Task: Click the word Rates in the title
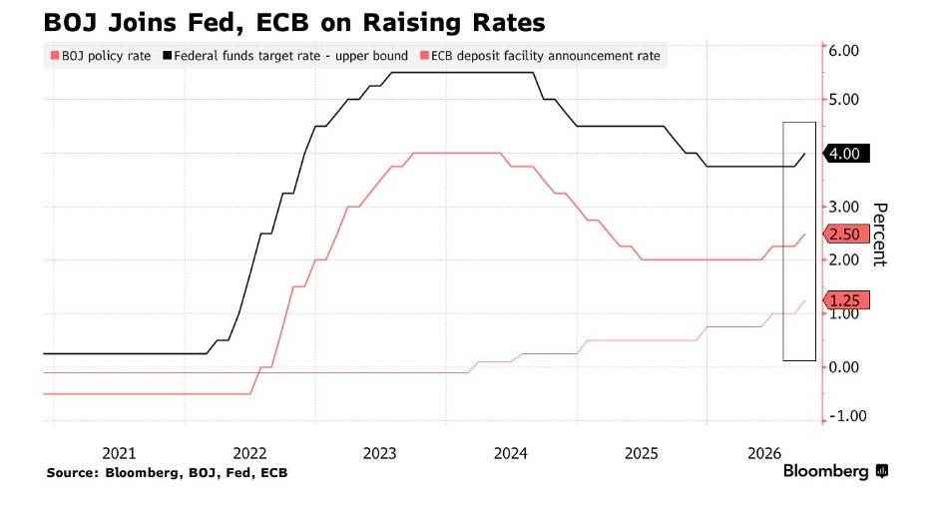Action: tap(512, 23)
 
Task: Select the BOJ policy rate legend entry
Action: tap(101, 56)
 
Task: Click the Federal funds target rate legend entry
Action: tap(285, 56)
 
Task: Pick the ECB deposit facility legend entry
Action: tap(540, 56)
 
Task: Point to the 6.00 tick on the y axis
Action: tap(844, 51)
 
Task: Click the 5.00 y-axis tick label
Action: tap(844, 99)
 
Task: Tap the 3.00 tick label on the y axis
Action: tap(844, 207)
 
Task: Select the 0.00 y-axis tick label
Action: tap(844, 366)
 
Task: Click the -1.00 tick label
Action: tap(847, 416)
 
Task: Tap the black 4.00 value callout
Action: tap(846, 154)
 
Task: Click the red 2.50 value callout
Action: tap(846, 234)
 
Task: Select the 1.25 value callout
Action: tap(846, 300)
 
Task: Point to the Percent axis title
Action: tap(879, 235)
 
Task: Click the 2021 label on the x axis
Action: tap(119, 453)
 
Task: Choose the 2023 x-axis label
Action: tap(379, 453)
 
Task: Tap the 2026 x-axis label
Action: tap(764, 453)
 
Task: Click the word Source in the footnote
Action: tap(72, 473)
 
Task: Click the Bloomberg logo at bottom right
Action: tap(835, 471)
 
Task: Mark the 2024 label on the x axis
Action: tap(511, 453)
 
